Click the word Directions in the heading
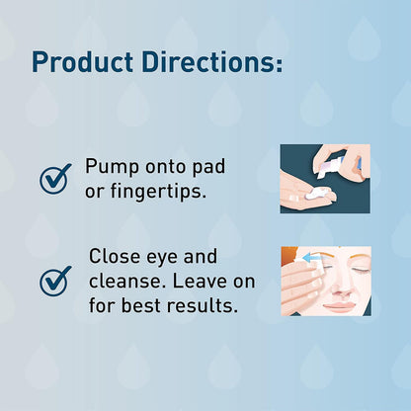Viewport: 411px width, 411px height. point(207,61)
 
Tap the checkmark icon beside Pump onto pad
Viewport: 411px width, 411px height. point(55,178)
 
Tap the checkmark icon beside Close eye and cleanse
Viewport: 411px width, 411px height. point(55,280)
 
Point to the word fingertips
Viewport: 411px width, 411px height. point(159,190)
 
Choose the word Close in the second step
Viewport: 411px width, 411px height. point(115,257)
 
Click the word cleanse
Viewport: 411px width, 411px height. point(124,281)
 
